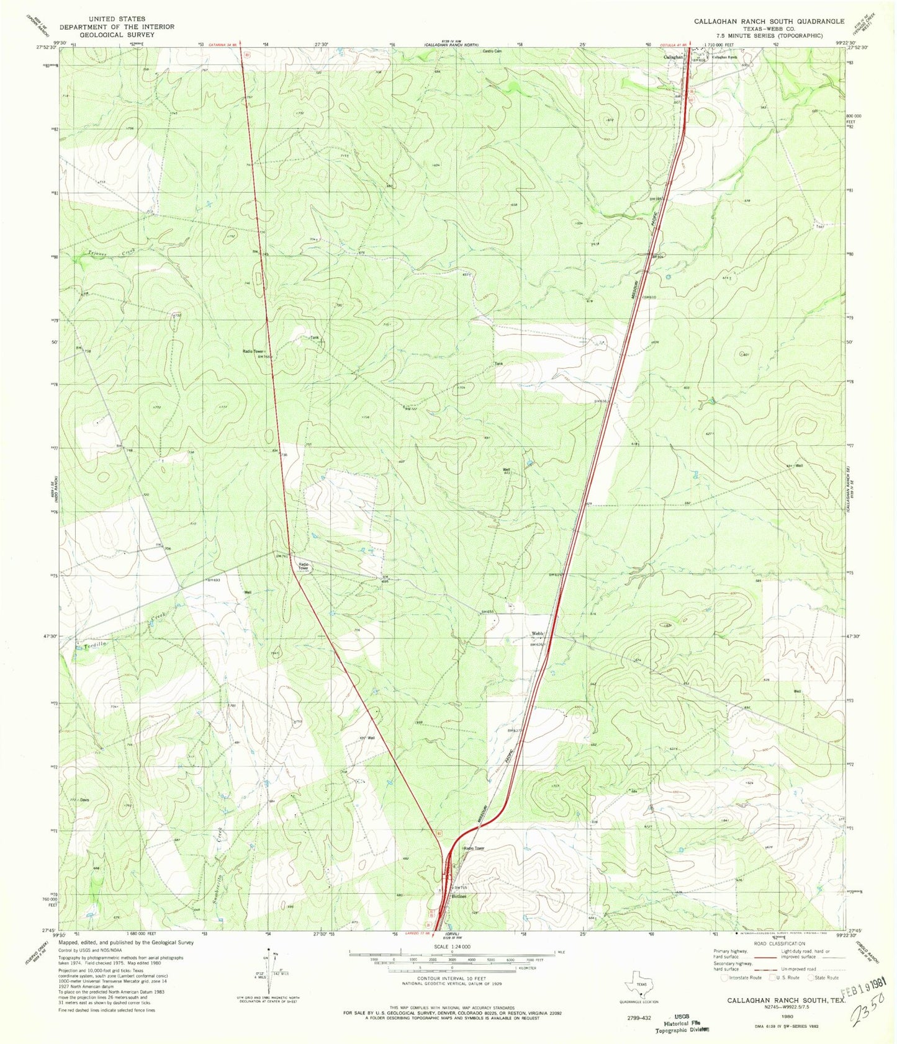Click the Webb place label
[537, 633]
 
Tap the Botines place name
[459, 896]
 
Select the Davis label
[84, 800]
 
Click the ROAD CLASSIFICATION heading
[788, 944]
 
